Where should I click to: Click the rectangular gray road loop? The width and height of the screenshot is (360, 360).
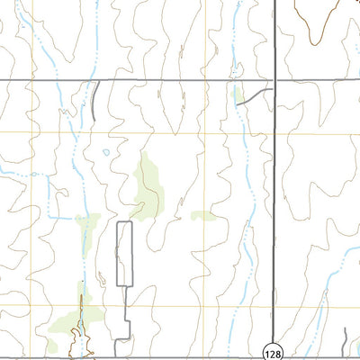124,254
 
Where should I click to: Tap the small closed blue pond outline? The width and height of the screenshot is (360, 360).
106,152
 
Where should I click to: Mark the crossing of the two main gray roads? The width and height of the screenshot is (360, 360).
274,81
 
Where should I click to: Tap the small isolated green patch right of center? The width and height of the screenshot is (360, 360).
203,215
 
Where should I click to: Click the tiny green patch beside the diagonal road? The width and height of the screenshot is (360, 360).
238,93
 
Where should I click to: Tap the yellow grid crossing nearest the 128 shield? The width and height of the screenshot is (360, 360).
274,306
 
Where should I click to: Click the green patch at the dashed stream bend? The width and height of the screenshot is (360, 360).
87,220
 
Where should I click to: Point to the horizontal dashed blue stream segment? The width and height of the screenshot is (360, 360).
60,217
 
